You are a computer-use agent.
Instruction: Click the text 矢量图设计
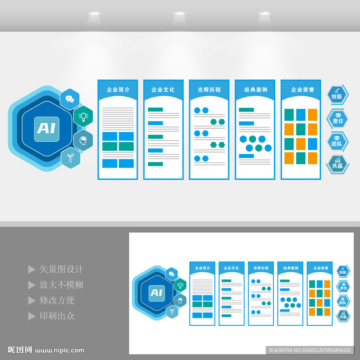pos(61,269)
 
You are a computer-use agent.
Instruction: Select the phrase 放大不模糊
pos(61,285)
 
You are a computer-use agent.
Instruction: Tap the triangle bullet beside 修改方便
pos(32,301)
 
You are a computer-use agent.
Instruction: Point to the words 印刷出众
pos(57,316)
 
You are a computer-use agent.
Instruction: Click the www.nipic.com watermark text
pos(60,350)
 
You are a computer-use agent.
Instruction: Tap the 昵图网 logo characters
pos(20,350)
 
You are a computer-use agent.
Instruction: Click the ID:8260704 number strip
pos(309,350)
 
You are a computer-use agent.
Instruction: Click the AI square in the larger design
pos(46,129)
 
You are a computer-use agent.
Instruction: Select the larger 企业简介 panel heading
pos(118,90)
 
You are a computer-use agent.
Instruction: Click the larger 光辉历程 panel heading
pos(209,90)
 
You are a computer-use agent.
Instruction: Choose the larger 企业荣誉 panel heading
pos(301,90)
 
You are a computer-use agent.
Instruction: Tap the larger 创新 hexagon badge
pos(337,94)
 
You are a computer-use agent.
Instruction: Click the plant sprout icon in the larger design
pos(70,158)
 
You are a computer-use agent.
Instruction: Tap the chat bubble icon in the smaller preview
pos(171,274)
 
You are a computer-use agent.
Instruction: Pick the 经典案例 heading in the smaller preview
pos(290,268)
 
